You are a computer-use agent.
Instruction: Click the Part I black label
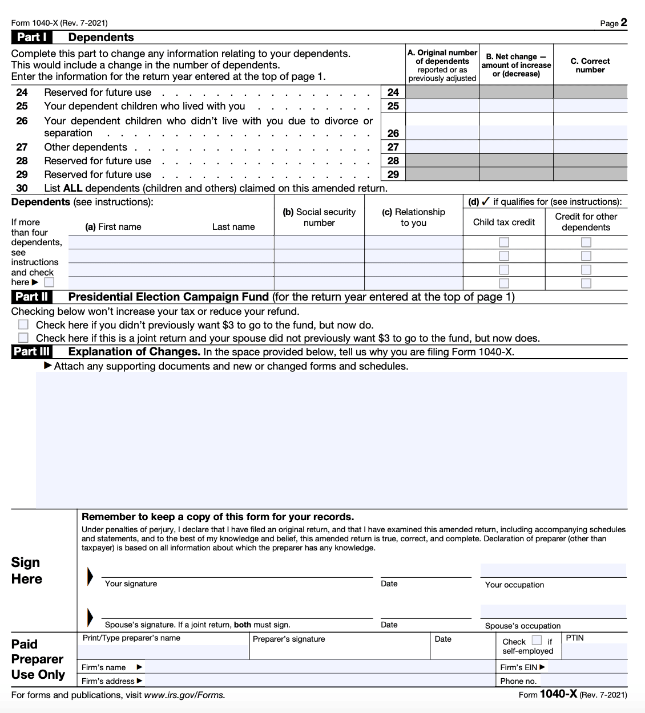[x=31, y=37]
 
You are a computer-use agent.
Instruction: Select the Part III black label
[x=32, y=352]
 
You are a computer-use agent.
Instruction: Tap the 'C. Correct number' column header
[x=590, y=65]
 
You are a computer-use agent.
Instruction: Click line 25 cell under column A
[x=442, y=106]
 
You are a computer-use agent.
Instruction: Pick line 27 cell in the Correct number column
[x=590, y=147]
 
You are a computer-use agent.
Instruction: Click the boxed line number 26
[x=393, y=133]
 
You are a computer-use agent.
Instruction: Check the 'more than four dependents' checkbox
[x=50, y=282]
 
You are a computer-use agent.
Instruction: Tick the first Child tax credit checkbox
[x=504, y=242]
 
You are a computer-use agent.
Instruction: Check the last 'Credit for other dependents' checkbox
[x=586, y=283]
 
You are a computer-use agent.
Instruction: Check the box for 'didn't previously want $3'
[x=23, y=325]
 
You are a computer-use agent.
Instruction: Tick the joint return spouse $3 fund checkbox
[x=23, y=338]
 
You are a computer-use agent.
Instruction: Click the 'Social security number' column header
[x=319, y=217]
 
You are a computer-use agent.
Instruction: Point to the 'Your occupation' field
[x=553, y=570]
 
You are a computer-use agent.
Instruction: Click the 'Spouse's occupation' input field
[x=553, y=611]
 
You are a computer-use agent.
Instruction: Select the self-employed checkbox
[x=537, y=641]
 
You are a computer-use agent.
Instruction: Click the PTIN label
[x=575, y=638]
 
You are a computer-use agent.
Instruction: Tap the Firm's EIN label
[x=519, y=667]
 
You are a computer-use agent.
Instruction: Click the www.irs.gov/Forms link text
[x=184, y=695]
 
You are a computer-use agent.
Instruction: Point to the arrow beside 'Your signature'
[x=90, y=577]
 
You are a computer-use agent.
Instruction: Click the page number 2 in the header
[x=624, y=23]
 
